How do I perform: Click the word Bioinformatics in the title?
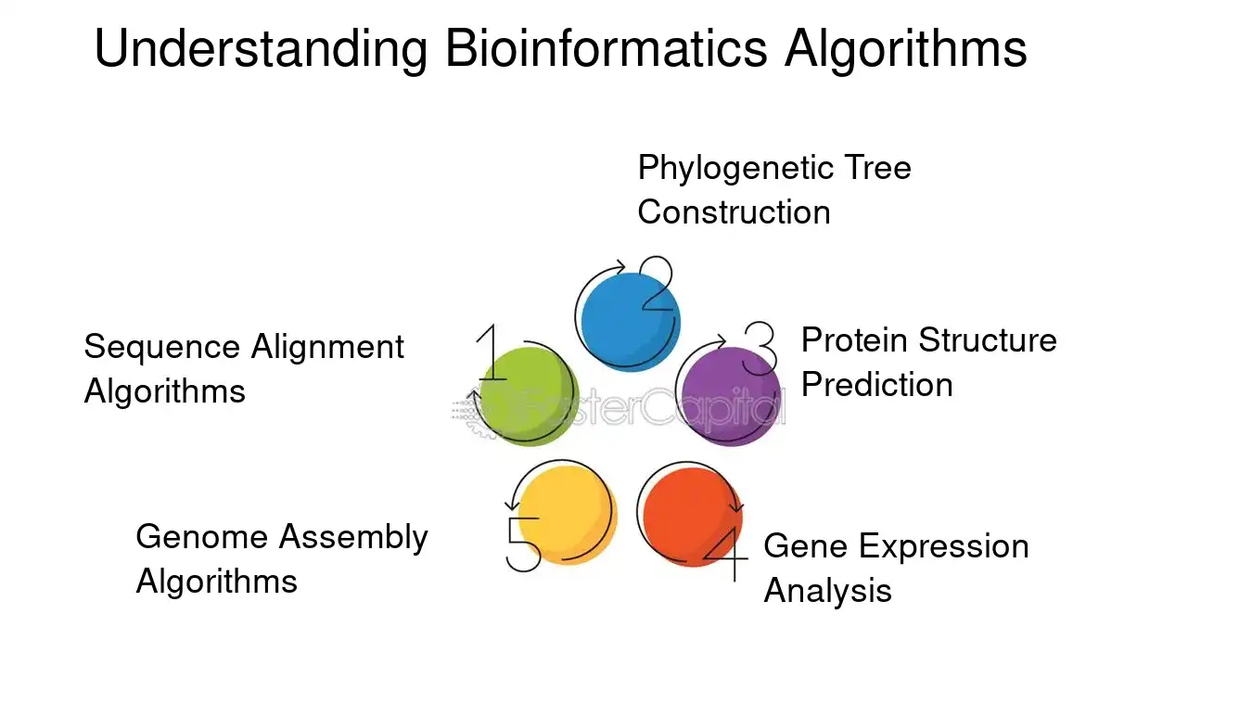click(606, 48)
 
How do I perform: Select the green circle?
click(529, 396)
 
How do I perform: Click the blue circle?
click(631, 322)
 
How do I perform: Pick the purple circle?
click(732, 396)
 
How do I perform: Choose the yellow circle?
click(568, 515)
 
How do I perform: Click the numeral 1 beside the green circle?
click(492, 352)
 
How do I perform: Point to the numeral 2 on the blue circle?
click(657, 283)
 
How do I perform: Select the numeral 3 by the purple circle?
click(760, 348)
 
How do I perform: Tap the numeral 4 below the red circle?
click(726, 555)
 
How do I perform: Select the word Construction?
click(734, 212)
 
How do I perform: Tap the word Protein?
click(854, 339)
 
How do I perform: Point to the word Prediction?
click(877, 385)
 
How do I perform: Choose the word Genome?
click(202, 537)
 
